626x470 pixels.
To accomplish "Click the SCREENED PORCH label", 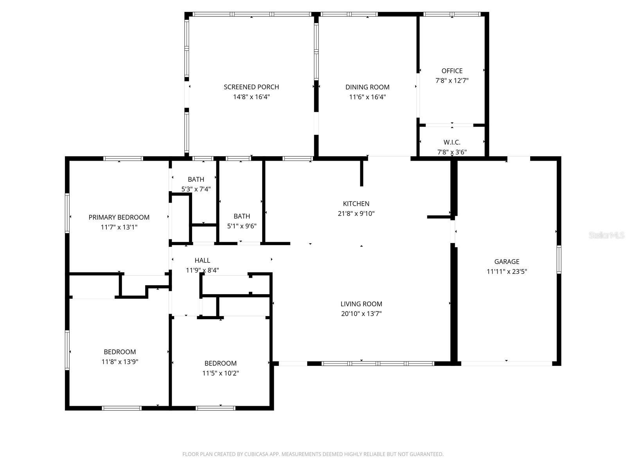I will tap(251, 87).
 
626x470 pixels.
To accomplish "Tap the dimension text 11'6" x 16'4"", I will tap(367, 97).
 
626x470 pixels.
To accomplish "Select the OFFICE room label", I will tap(452, 71).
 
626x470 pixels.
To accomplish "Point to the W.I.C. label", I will tap(452, 142).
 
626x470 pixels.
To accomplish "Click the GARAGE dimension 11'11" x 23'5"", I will tap(507, 271).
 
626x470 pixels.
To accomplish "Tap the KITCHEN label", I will tap(356, 204).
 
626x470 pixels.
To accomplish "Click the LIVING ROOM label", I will tap(361, 304).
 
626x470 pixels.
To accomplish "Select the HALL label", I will tap(202, 260).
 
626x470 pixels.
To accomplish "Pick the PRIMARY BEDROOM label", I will tap(119, 217).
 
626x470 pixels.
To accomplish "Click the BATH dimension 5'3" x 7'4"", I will tap(196, 189).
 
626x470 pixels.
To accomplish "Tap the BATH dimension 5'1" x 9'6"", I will tap(242, 226).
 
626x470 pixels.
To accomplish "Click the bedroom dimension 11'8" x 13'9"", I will tap(120, 362).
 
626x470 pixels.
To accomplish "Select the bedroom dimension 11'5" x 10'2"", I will tap(220, 373).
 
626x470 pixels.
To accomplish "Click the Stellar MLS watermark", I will tap(606, 235).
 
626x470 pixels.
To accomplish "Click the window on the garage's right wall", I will tap(559, 259).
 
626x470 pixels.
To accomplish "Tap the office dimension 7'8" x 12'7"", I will tap(452, 81).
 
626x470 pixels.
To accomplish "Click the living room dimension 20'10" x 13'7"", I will tap(361, 314).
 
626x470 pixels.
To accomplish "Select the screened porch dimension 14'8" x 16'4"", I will tap(251, 97).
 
